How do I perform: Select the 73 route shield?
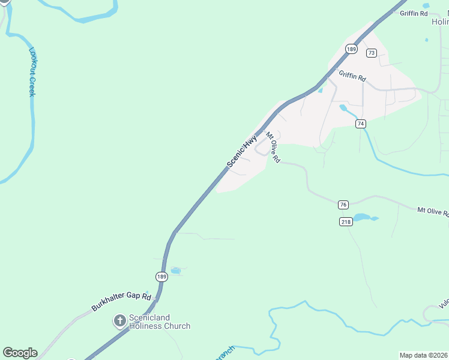click(x=372, y=53)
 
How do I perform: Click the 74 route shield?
click(x=360, y=124)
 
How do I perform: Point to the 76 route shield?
click(x=343, y=205)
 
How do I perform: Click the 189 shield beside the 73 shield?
click(x=352, y=49)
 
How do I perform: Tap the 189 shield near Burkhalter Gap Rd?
click(x=161, y=277)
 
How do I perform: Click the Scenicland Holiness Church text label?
click(x=159, y=322)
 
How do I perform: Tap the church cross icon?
click(x=119, y=322)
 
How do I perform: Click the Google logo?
click(x=20, y=352)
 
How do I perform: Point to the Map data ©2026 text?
click(x=423, y=355)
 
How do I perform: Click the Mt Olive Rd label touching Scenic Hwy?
click(x=273, y=148)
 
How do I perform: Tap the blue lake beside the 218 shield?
click(x=363, y=218)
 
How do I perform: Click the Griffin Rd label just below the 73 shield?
click(x=352, y=77)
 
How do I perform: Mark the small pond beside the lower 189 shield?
click(x=175, y=271)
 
